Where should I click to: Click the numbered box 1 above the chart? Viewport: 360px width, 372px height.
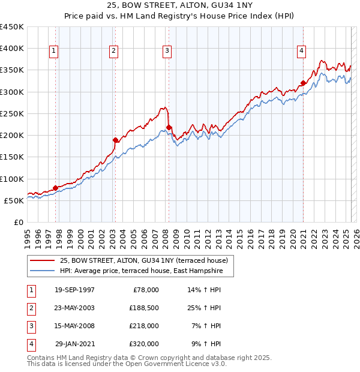tap(54, 52)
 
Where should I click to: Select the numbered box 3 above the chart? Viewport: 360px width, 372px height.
tap(167, 52)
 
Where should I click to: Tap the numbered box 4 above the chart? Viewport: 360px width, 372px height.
tap(301, 52)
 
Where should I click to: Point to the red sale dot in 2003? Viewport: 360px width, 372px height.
tap(115, 140)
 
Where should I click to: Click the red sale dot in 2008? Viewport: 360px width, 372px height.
tap(169, 127)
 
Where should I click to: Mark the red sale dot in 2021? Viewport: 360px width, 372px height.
tap(304, 83)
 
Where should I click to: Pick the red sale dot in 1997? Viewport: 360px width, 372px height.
tap(55, 188)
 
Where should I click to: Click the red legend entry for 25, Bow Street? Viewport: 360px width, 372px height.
tap(143, 261)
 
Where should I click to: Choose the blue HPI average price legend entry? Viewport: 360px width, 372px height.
tap(141, 271)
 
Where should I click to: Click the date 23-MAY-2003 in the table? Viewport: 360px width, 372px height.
tap(74, 308)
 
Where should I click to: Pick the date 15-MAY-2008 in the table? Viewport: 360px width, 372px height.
tap(74, 326)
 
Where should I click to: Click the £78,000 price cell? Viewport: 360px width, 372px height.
tap(144, 290)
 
